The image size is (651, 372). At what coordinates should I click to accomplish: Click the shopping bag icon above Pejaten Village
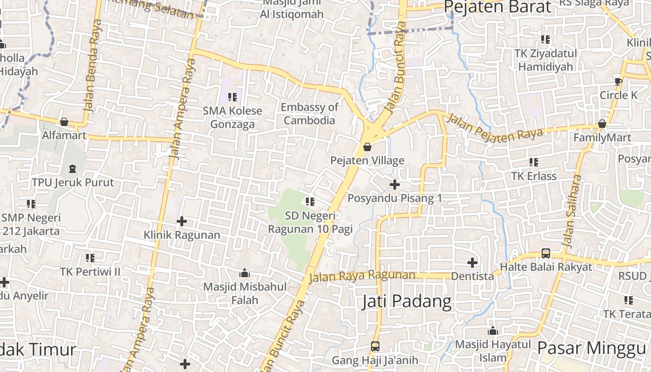pos(367,147)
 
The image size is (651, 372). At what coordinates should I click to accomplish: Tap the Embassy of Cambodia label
pos(309,114)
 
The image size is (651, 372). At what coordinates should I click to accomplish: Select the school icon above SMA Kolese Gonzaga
pos(232,97)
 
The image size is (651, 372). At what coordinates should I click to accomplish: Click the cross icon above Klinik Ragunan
pos(182,221)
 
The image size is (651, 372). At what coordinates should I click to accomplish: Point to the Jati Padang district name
pos(406,301)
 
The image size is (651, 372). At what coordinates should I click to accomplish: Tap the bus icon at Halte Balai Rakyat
pos(546,253)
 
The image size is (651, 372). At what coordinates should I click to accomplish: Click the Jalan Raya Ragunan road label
pos(362,276)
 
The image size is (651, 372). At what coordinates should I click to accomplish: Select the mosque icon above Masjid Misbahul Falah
pos(245,273)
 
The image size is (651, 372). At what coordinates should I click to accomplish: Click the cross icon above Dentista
pos(472,263)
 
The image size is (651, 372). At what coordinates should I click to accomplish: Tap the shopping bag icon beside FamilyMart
pos(602,124)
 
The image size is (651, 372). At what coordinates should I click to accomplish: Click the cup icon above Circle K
pos(618,81)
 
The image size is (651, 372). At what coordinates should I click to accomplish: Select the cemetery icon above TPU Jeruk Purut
pos(73,168)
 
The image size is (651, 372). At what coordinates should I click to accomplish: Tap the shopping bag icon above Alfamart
pos(64,122)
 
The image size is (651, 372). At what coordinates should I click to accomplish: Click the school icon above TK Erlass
pos(533,162)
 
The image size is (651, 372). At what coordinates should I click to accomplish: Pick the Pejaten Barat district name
pos(497,7)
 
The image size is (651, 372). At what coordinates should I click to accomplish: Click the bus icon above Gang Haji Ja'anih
pos(375,346)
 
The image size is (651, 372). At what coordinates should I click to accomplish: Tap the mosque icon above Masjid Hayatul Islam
pos(493,331)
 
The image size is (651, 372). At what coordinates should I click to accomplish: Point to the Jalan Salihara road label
pos(571,212)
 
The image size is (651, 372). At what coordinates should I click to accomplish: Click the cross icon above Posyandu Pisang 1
pos(394,185)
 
